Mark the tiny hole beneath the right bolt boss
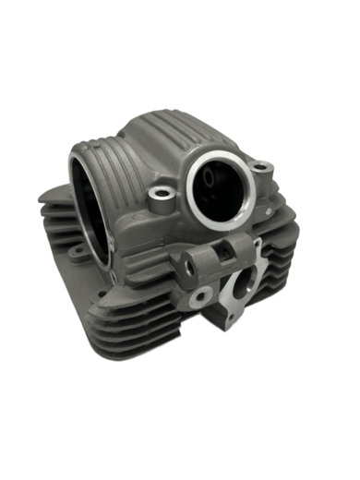coord(268,198)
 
